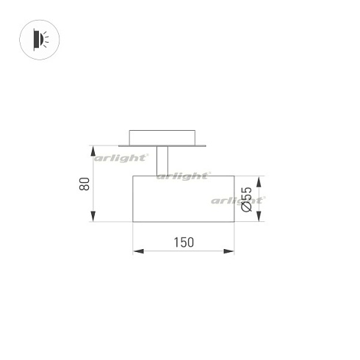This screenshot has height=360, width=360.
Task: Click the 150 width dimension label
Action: (184, 242)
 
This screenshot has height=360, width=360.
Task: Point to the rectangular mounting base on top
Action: (162, 137)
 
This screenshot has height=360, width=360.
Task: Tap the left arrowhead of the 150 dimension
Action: (137, 252)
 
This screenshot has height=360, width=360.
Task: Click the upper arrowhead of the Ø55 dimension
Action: (259, 179)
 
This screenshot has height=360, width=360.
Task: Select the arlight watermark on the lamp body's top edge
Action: (184, 176)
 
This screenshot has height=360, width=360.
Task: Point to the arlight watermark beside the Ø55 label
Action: (239, 200)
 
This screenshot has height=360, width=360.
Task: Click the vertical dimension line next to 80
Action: (93, 184)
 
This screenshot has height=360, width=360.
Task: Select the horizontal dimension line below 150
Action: (184, 252)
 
